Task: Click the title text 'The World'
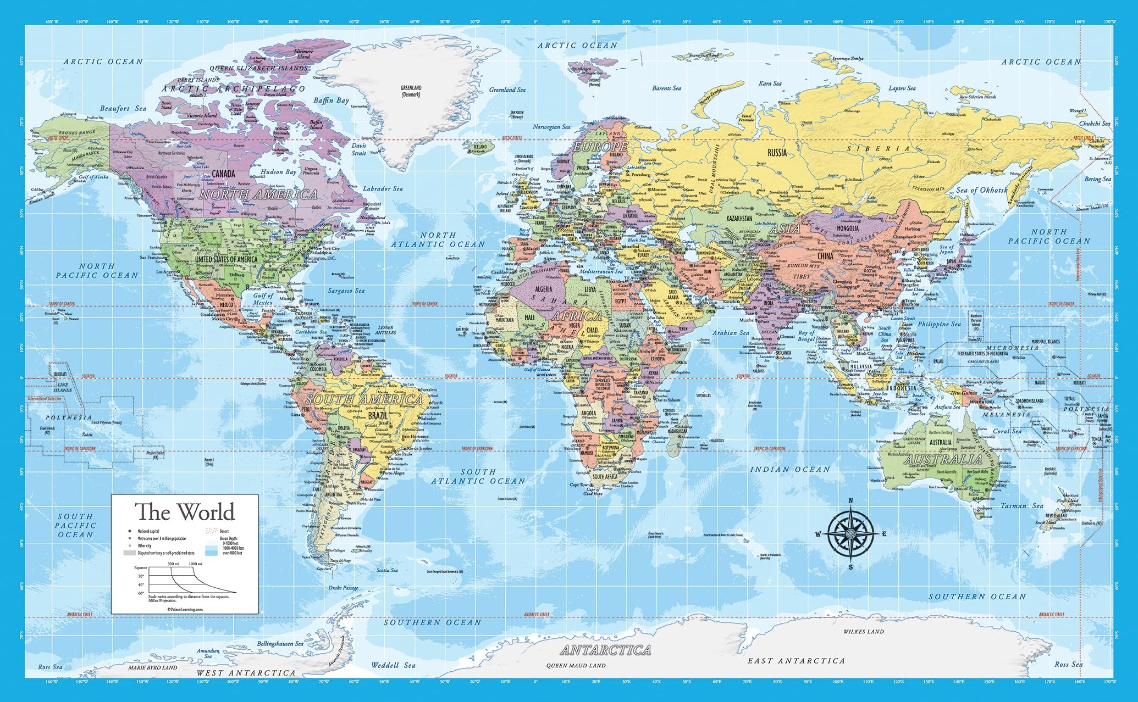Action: click(x=185, y=512)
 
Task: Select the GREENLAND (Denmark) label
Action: click(x=411, y=91)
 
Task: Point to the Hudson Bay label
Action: click(x=278, y=172)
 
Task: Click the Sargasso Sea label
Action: click(x=346, y=291)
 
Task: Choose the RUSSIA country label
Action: click(x=777, y=152)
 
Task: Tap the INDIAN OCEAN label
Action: click(x=790, y=469)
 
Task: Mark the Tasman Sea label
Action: click(x=1021, y=505)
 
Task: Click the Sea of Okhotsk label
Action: click(x=982, y=190)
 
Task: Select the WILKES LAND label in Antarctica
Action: click(x=863, y=632)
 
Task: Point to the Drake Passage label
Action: click(x=343, y=588)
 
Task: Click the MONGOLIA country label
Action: click(x=847, y=228)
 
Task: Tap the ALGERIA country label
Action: click(x=543, y=289)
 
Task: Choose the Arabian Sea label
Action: click(x=731, y=333)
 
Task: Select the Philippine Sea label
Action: click(x=939, y=324)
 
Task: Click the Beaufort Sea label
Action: click(x=123, y=109)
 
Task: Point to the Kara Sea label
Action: click(x=770, y=83)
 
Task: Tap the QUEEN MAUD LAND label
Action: click(x=576, y=665)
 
